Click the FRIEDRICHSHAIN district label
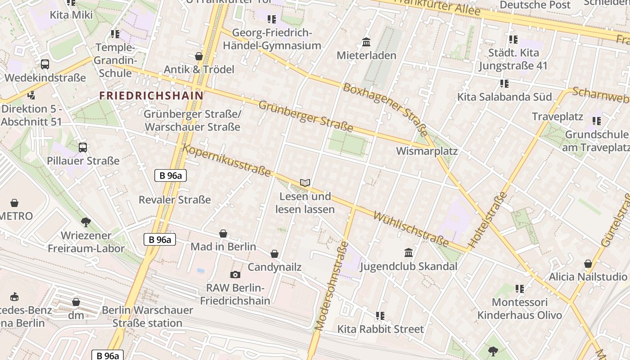click(151, 95)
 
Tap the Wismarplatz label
click(427, 151)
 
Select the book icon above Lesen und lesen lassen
click(305, 183)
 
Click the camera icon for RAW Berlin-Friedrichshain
click(235, 274)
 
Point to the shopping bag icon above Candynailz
click(274, 254)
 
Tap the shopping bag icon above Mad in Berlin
click(223, 234)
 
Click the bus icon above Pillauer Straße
click(83, 147)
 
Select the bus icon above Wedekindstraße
click(45, 64)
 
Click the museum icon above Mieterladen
click(366, 42)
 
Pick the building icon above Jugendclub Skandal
click(409, 252)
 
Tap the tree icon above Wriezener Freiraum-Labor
click(86, 222)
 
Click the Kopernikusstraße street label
click(227, 161)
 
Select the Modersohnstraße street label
click(332, 286)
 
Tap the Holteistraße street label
click(487, 220)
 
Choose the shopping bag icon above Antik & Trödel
click(199, 56)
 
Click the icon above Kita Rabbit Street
click(380, 316)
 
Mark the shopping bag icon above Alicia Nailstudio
click(588, 264)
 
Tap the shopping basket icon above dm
click(76, 302)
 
